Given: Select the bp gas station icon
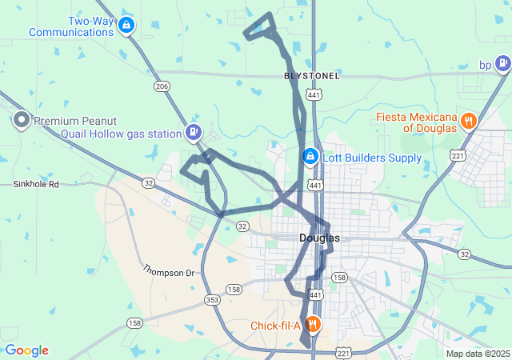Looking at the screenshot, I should (502, 64).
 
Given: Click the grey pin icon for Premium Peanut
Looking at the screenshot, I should (21, 122).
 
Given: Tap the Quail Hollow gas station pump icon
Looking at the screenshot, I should (193, 133).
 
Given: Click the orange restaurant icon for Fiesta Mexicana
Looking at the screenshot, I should (469, 122).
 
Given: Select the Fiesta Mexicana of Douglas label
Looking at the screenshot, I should (417, 122).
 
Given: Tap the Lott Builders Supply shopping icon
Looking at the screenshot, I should (309, 157).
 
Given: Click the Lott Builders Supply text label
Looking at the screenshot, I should (371, 158).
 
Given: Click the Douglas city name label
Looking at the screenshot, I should (319, 238).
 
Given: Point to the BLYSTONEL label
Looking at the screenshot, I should (312, 76).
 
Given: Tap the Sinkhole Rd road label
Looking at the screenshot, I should (37, 184).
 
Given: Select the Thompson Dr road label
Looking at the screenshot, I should (169, 272).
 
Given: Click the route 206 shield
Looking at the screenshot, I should (162, 86).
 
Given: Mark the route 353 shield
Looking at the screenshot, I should (212, 299).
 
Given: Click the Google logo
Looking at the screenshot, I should (26, 350).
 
